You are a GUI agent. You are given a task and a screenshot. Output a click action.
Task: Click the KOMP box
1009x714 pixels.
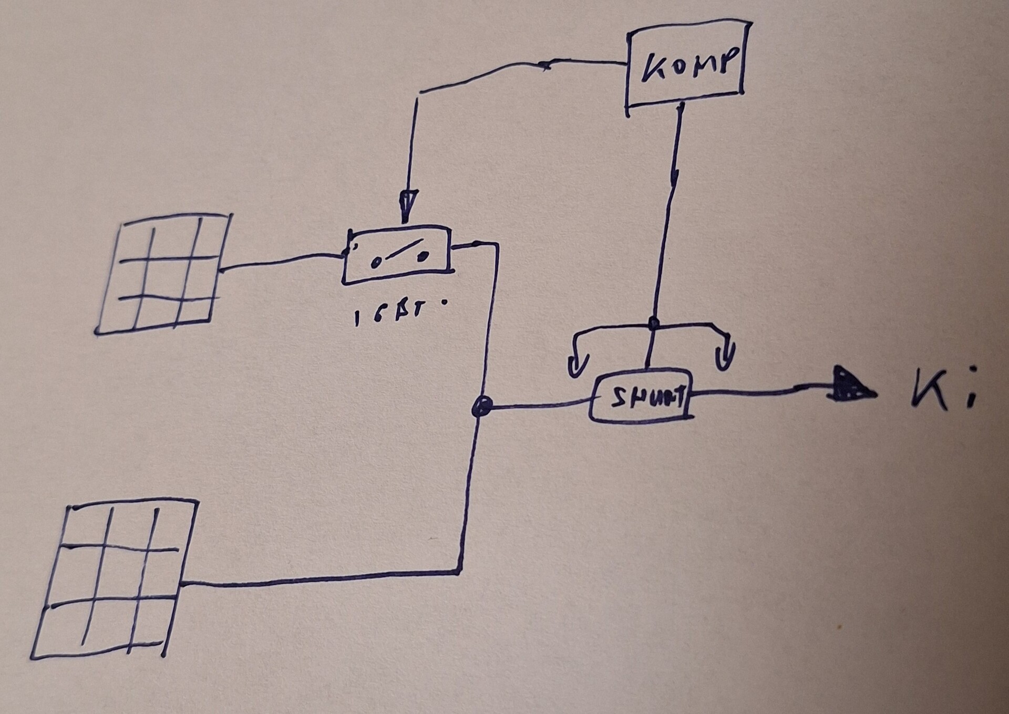pos(686,65)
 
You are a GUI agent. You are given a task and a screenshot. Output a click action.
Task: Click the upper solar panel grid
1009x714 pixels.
pos(163,273)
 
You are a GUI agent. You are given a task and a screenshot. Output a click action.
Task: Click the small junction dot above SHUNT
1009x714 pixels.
pos(653,323)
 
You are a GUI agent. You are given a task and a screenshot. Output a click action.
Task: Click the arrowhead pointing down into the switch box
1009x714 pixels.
pos(409,205)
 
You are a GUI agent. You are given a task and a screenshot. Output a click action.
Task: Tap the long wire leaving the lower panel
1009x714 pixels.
pos(321,578)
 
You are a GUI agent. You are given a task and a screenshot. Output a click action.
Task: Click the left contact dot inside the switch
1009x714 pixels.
pos(374,263)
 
